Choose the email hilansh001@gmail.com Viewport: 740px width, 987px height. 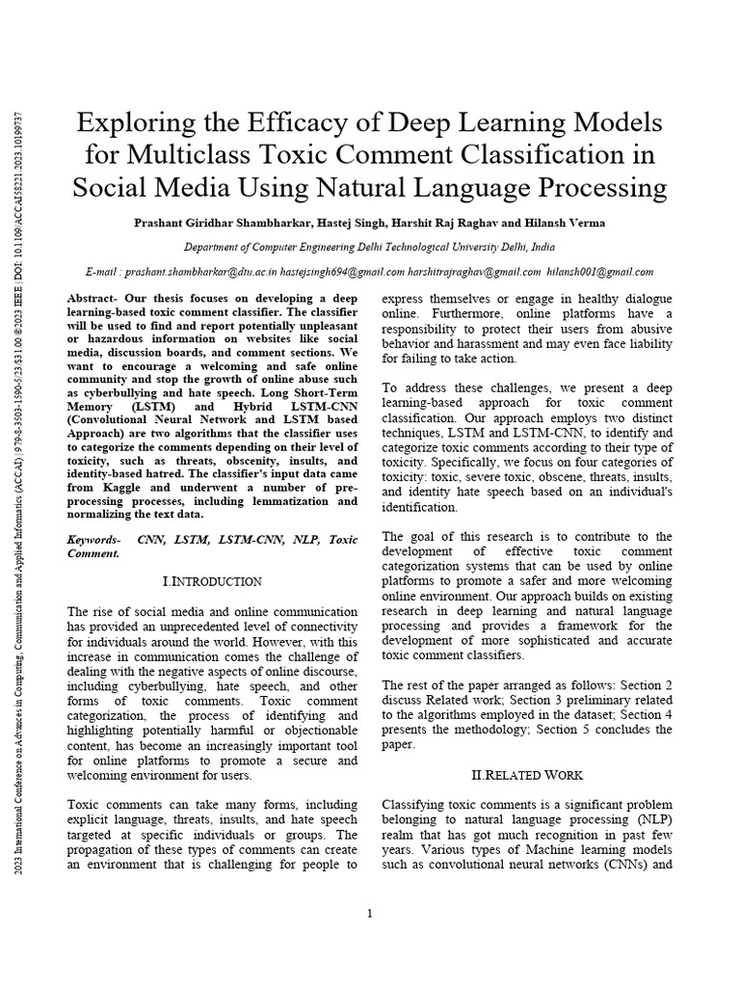[x=599, y=273]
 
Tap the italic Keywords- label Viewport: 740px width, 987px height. [x=93, y=540]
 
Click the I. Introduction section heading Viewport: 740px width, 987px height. [x=213, y=581]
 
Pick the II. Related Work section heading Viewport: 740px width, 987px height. [x=527, y=775]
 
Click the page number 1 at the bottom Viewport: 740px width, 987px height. [x=370, y=914]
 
